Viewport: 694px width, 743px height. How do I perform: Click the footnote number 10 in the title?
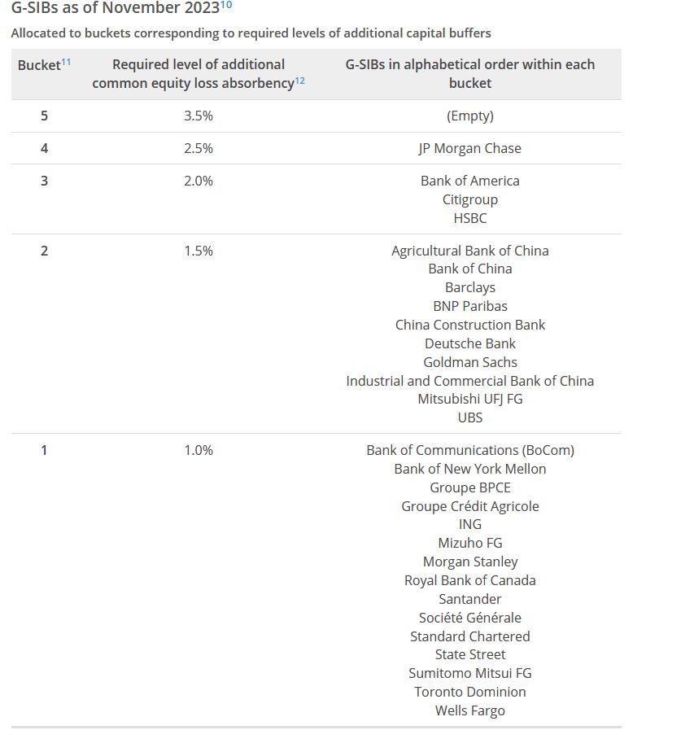pyautogui.click(x=226, y=6)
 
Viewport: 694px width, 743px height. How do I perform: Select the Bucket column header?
pyautogui.click(x=39, y=65)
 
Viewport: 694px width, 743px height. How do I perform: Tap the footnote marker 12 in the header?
pyautogui.click(x=300, y=81)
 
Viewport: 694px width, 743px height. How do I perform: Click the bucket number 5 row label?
pyautogui.click(x=44, y=116)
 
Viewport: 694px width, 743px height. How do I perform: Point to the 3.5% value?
pyautogui.click(x=199, y=116)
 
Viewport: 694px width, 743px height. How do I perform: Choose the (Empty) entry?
pyautogui.click(x=470, y=116)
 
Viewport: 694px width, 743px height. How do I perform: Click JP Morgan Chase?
pyautogui.click(x=470, y=148)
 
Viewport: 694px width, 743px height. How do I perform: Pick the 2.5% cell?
pyautogui.click(x=199, y=148)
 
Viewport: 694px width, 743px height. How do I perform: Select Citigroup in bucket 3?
pyautogui.click(x=470, y=199)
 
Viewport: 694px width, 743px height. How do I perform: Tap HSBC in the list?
pyautogui.click(x=470, y=218)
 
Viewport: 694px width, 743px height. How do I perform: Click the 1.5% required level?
pyautogui.click(x=199, y=251)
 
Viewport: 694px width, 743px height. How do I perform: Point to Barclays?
pyautogui.click(x=470, y=287)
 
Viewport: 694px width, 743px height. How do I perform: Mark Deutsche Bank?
pyautogui.click(x=470, y=343)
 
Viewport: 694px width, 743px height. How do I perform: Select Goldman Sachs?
pyautogui.click(x=470, y=362)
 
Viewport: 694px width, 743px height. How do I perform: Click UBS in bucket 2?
pyautogui.click(x=470, y=417)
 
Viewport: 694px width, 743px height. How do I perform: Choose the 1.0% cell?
pyautogui.click(x=199, y=450)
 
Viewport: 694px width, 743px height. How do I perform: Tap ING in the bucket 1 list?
pyautogui.click(x=470, y=524)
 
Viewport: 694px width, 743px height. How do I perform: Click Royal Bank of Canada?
pyautogui.click(x=470, y=580)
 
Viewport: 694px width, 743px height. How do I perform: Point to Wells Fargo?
pyautogui.click(x=470, y=710)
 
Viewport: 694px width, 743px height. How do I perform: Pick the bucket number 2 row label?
pyautogui.click(x=44, y=251)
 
